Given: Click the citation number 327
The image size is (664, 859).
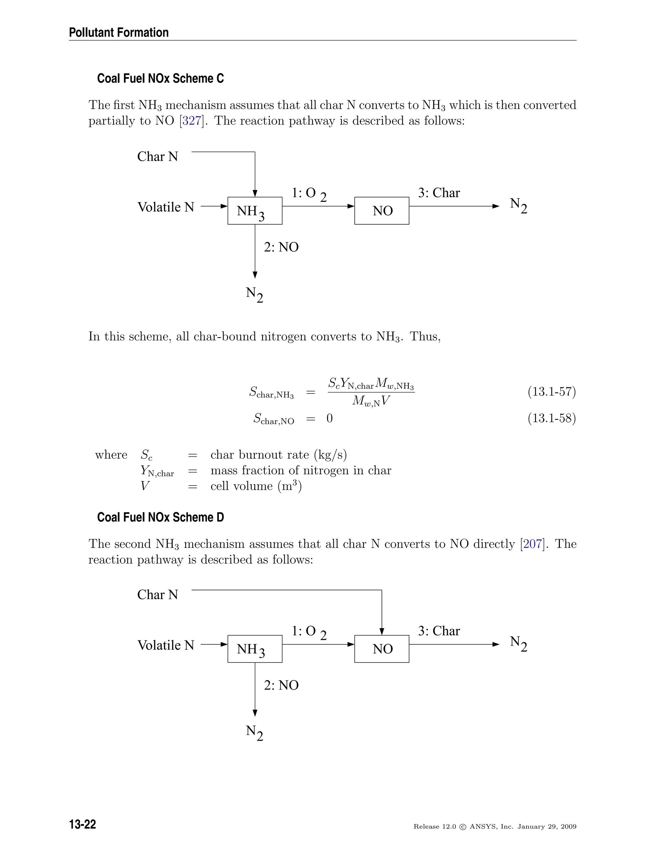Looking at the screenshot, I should pos(192,121).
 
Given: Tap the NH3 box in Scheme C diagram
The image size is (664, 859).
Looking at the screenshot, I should pos(255,211).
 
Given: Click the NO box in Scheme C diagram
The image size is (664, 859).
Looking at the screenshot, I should pos(382,211).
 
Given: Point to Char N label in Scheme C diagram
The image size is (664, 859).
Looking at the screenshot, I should pos(157,157).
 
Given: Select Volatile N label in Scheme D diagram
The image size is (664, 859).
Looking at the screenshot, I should pos(166,645).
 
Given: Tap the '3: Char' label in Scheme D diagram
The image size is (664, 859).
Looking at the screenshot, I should pos(439,631).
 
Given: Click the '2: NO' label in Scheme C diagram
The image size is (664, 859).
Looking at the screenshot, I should pos(281,247).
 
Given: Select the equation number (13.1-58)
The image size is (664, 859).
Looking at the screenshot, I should pos(551,418).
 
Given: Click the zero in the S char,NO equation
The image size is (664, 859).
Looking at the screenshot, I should pos(330,418).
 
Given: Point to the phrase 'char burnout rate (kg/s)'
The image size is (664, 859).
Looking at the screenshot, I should pos(279,455).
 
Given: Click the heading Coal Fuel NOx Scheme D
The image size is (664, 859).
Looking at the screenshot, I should pos(160,517).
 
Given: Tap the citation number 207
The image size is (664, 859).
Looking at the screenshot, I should pos(532,544).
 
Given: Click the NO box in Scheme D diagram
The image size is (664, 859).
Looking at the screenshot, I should pos(382,649).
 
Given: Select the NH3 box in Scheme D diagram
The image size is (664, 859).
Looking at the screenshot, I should pos(255,649).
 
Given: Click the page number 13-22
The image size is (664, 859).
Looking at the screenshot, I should pos(83,824).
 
